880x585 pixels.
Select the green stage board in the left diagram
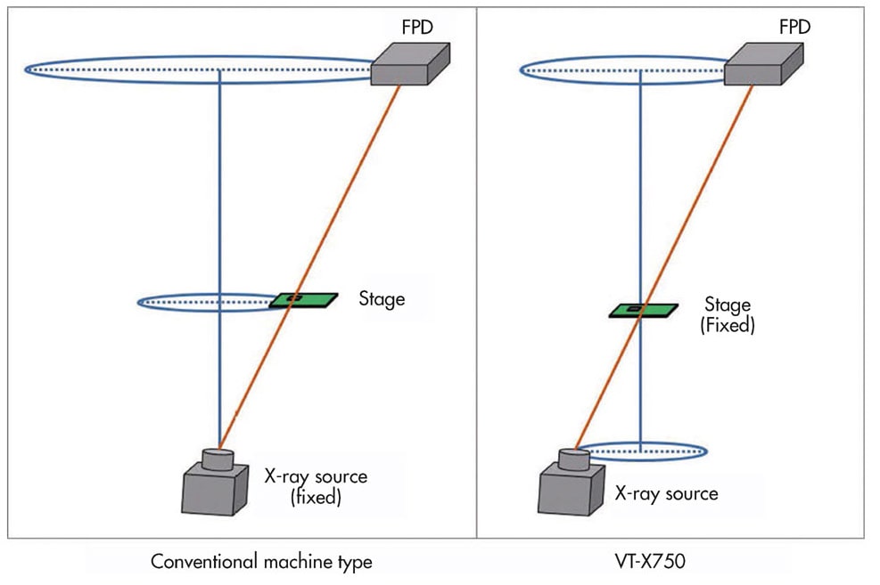(303, 299)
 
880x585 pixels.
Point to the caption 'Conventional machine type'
(261, 562)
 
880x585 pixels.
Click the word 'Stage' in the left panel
(382, 298)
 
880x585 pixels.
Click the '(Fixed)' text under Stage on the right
(727, 326)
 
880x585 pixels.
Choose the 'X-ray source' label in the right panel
(666, 492)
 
